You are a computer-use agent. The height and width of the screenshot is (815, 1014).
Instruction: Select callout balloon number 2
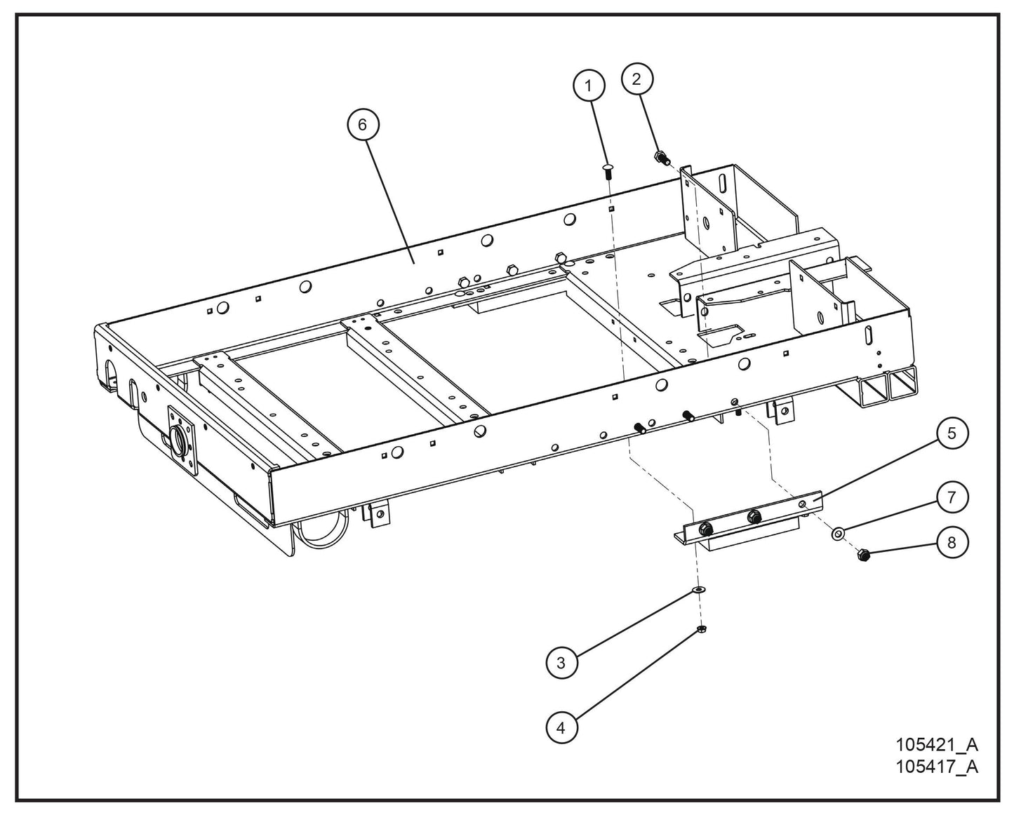pyautogui.click(x=637, y=79)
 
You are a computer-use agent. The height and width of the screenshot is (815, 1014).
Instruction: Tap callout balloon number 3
pyautogui.click(x=561, y=662)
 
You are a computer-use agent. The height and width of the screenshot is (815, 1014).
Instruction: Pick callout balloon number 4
pyautogui.click(x=561, y=727)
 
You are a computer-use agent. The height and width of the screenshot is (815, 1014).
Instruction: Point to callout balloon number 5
pyautogui.click(x=952, y=433)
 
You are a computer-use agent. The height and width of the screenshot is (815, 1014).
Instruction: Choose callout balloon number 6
pyautogui.click(x=363, y=124)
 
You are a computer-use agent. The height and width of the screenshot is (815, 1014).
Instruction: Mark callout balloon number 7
pyautogui.click(x=952, y=497)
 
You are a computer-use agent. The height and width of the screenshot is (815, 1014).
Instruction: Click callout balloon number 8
pyautogui.click(x=952, y=542)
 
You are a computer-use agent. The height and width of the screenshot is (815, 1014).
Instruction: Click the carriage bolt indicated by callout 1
pyautogui.click(x=608, y=170)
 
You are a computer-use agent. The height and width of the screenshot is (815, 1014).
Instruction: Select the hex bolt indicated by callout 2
pyautogui.click(x=660, y=157)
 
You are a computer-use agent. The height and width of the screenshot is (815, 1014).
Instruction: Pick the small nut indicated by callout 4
pyautogui.click(x=700, y=628)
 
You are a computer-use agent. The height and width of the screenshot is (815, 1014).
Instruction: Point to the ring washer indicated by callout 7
pyautogui.click(x=838, y=534)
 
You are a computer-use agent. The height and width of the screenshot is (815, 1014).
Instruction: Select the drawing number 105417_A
pyautogui.click(x=936, y=766)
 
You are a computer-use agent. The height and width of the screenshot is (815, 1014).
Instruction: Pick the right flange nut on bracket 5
pyautogui.click(x=754, y=517)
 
